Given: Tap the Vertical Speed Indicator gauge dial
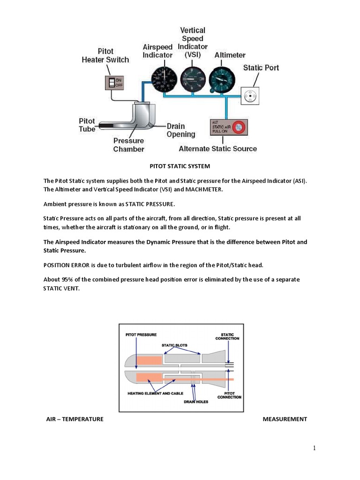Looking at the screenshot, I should click(191, 78).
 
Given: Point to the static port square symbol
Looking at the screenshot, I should click(250, 97).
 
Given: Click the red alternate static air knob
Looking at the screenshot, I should click(240, 127).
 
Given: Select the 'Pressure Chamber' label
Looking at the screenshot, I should click(128, 145).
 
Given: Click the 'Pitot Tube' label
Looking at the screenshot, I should click(87, 125).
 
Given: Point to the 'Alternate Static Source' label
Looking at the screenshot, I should click(218, 149).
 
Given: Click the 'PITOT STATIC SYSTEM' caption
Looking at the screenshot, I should click(180, 166).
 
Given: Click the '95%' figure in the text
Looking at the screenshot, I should click(67, 279).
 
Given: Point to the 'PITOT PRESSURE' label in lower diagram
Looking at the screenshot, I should click(141, 335).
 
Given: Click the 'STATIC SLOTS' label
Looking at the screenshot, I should click(174, 345).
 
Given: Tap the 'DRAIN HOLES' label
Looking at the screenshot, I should click(196, 402).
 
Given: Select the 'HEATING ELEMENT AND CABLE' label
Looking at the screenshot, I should click(155, 393).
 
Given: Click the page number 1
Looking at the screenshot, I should click(315, 448).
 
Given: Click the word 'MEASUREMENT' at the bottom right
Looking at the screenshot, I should click(285, 419).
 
